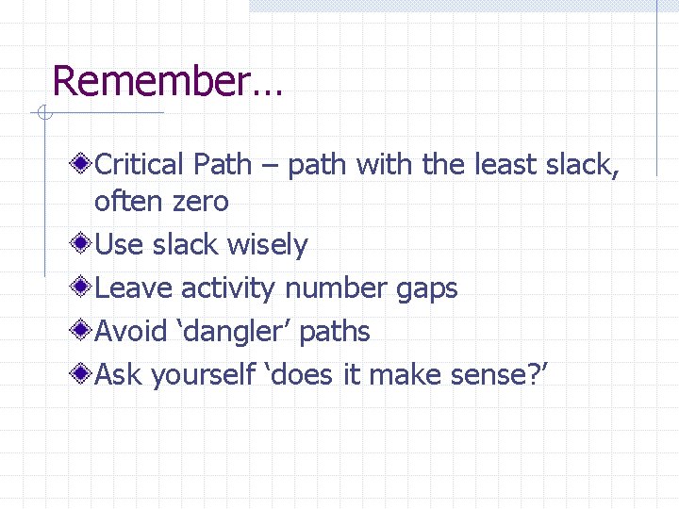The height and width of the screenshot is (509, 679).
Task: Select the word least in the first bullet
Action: click(502, 165)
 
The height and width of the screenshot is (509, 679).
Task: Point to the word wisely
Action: click(269, 245)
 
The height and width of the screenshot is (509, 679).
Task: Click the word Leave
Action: click(135, 288)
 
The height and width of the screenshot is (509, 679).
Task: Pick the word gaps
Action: click(426, 288)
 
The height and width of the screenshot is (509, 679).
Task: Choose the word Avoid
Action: click(135, 332)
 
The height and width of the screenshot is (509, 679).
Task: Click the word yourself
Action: click(203, 375)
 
